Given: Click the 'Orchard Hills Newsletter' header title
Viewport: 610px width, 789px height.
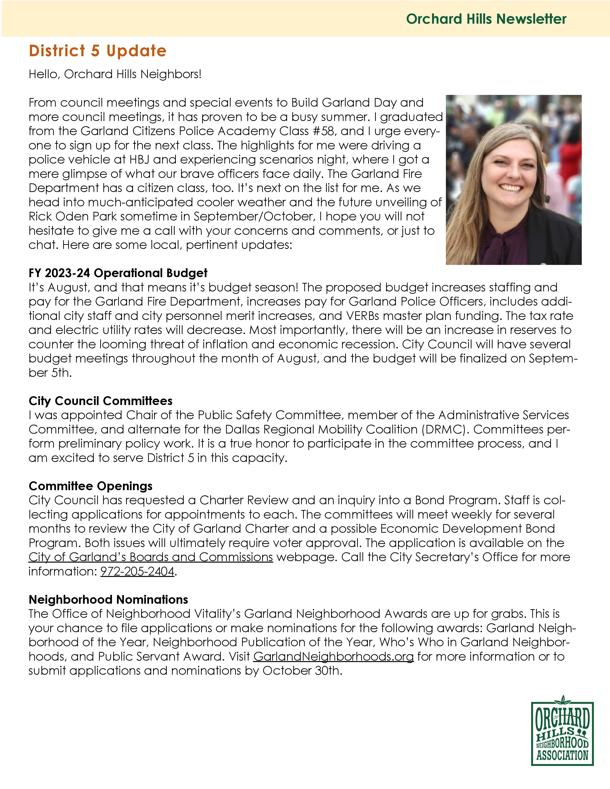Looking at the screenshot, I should coord(486,19).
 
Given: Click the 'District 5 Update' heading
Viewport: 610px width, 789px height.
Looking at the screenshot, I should coord(98,51).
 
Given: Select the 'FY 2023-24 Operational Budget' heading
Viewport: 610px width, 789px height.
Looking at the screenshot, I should coord(118,273).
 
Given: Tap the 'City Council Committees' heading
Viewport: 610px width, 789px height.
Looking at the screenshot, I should coord(100,401).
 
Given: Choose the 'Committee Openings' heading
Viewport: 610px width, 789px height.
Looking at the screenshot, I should coord(90,486).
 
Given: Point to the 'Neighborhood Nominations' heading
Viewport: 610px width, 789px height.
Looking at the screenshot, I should coord(108,599).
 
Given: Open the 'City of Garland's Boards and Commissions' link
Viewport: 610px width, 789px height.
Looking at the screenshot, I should coord(151,557).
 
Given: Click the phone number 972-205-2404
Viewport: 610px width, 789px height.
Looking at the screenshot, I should coord(137,571).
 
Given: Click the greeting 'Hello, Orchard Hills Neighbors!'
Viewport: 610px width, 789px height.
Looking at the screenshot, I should coord(115,74).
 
